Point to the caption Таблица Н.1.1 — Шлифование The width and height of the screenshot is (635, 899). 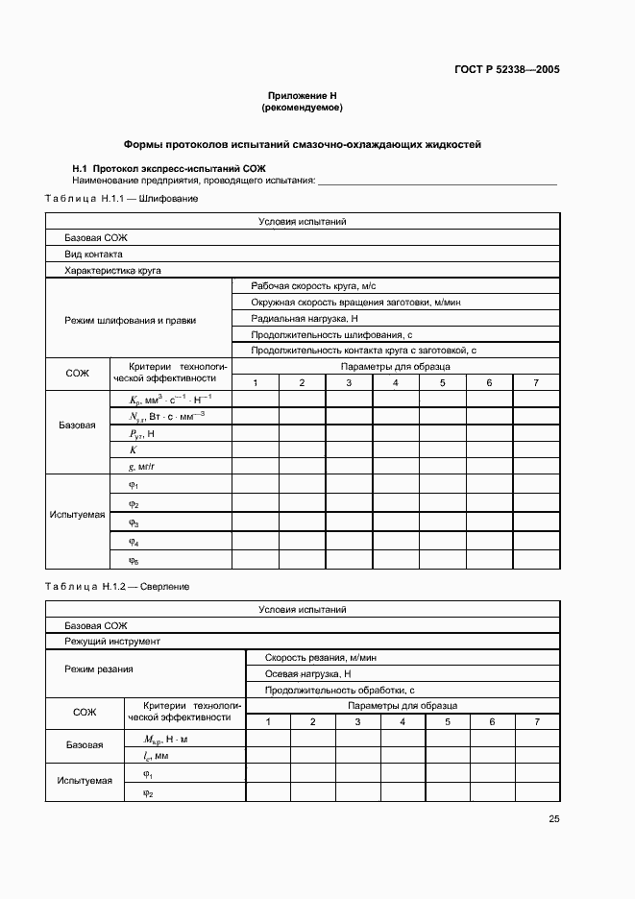pyautogui.click(x=122, y=198)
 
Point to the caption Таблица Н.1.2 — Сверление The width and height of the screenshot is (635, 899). pyautogui.click(x=117, y=586)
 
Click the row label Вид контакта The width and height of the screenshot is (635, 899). pyautogui.click(x=93, y=255)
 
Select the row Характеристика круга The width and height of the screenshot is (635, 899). pyautogui.click(x=112, y=271)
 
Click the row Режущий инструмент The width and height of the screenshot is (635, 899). pyautogui.click(x=112, y=641)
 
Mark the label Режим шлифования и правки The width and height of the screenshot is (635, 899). pyautogui.click(x=131, y=320)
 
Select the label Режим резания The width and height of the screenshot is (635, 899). pyautogui.click(x=99, y=668)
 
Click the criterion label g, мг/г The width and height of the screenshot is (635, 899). pyautogui.click(x=142, y=465)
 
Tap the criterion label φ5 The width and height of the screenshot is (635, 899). pyautogui.click(x=134, y=559)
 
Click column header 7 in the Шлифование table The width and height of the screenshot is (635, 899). pyautogui.click(x=535, y=383)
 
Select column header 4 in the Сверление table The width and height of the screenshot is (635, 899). pyautogui.click(x=403, y=721)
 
